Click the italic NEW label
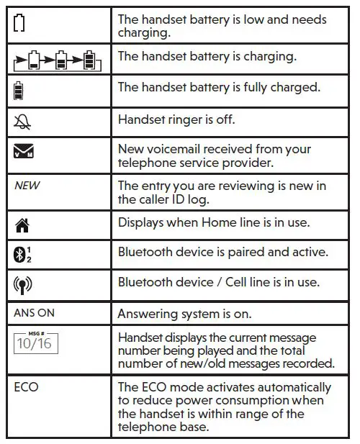[27, 186]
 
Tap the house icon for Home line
[21, 223]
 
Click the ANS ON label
[34, 313]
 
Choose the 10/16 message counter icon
[35, 342]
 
